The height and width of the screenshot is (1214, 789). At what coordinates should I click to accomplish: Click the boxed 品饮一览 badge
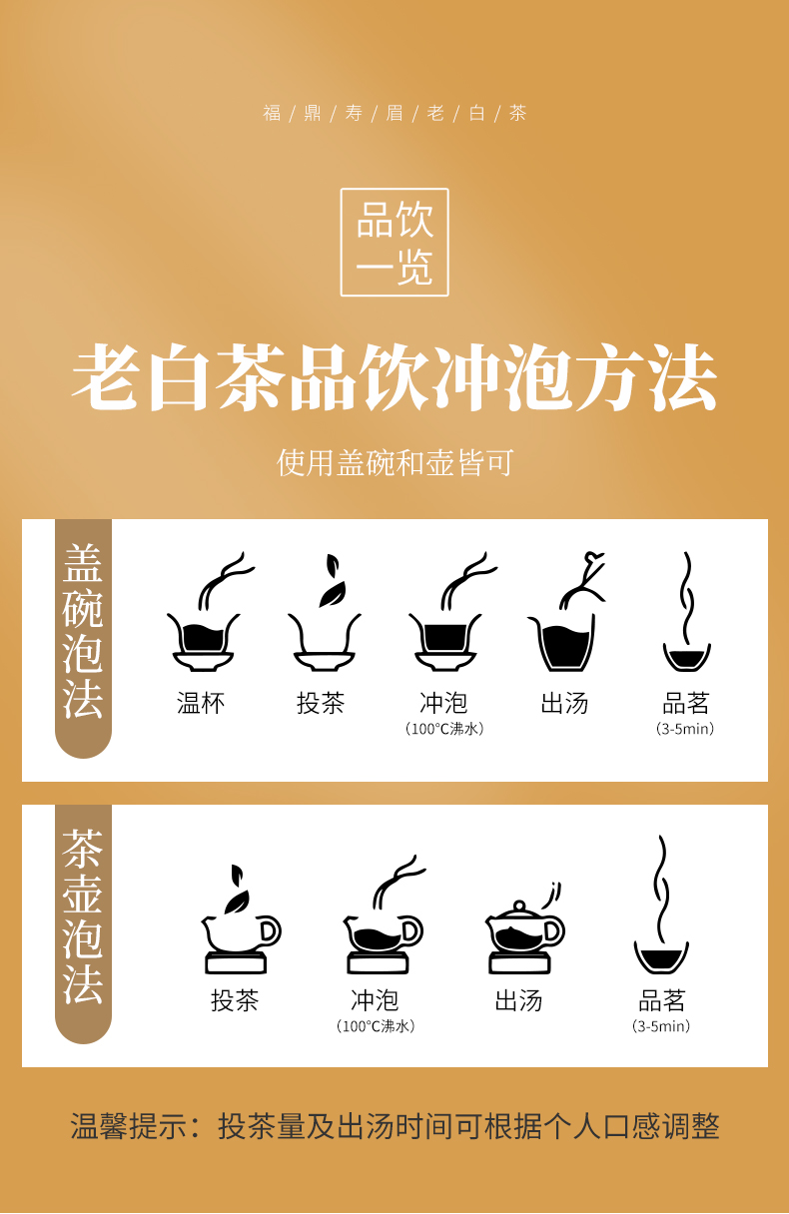coord(394,242)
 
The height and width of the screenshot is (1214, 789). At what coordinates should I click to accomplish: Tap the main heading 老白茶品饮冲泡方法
coord(394,377)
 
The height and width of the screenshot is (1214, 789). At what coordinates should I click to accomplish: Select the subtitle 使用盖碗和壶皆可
coord(394,462)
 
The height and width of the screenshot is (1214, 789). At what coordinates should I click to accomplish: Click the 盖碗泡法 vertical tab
coord(83,638)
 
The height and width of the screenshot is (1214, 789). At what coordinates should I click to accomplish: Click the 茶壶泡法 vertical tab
coord(83,923)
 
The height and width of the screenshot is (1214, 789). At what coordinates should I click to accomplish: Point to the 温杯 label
coord(201,703)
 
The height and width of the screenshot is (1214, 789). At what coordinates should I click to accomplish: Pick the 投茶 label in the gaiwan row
coord(321,703)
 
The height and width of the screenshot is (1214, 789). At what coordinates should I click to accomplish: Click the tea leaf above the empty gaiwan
coord(333,580)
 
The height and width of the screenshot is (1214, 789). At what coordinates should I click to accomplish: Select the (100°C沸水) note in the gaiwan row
coord(444,729)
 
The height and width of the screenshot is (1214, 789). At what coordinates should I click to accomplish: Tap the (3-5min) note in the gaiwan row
coord(685,729)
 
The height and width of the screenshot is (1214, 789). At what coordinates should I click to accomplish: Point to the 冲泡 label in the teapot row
coord(375,1000)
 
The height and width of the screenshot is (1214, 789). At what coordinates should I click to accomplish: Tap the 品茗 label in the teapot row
coord(661,1000)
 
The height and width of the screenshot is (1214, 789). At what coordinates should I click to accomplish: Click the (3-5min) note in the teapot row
coord(661,1026)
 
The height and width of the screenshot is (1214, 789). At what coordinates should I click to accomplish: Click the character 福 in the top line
coord(272,113)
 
